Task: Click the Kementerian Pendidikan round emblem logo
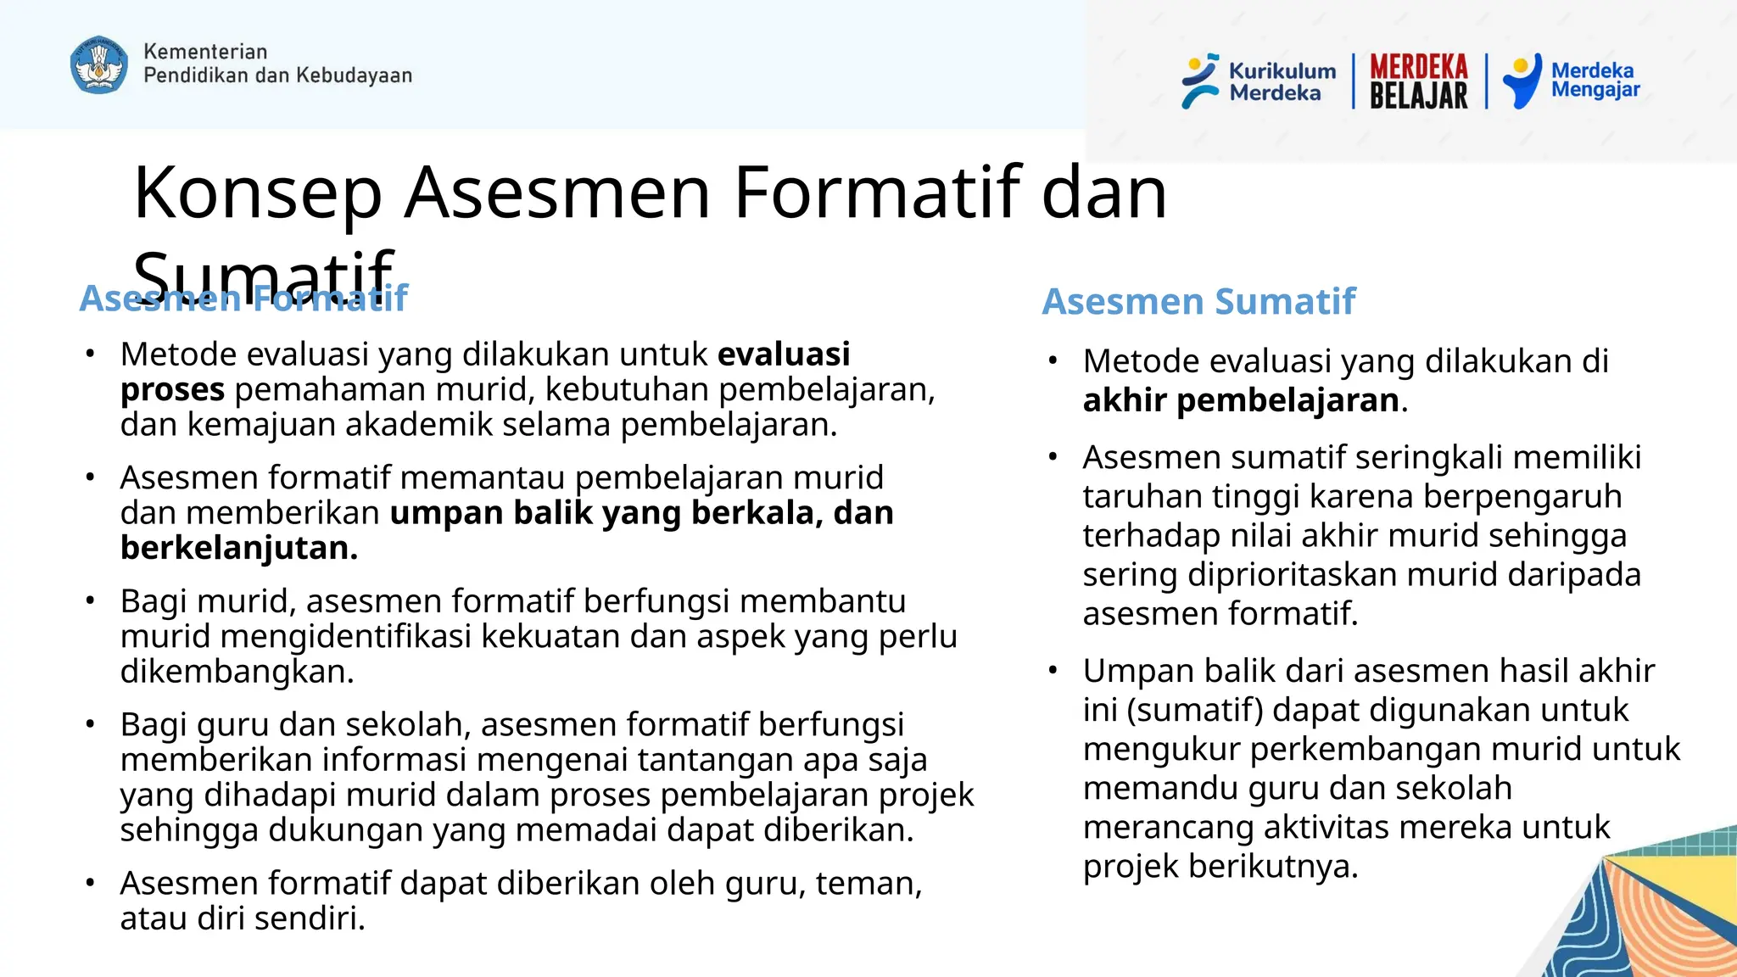tap(99, 64)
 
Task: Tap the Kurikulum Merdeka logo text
tap(1282, 82)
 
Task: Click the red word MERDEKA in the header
tap(1418, 66)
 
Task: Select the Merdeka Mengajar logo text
tap(1595, 80)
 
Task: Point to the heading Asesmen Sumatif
tap(1198, 302)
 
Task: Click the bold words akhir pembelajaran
tap(1240, 400)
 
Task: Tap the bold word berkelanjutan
tap(237, 549)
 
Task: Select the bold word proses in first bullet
tap(172, 390)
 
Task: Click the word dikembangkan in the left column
tap(236, 672)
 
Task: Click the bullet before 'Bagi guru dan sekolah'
tap(90, 725)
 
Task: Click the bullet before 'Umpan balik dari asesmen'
tap(1053, 671)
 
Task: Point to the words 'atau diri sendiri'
tap(242, 919)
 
